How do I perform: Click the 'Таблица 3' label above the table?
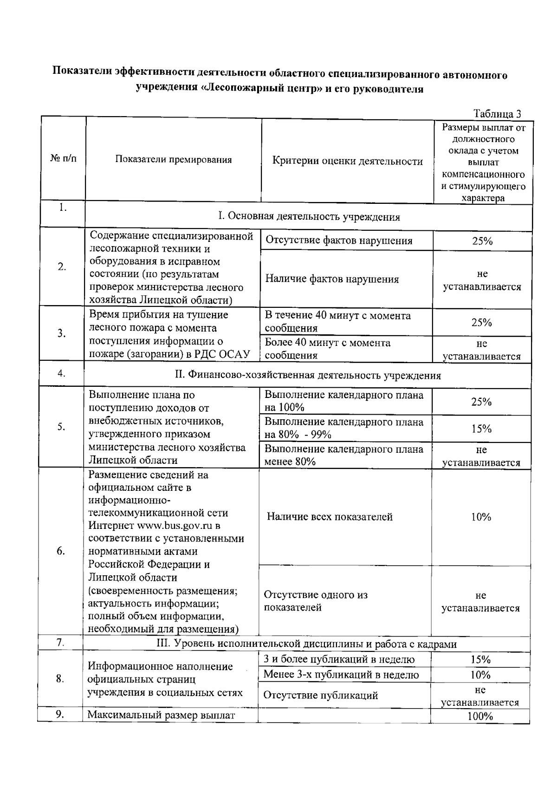pyautogui.click(x=497, y=114)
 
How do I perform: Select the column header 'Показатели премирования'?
pyautogui.click(x=173, y=160)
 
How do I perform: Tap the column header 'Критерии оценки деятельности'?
pyautogui.click(x=347, y=162)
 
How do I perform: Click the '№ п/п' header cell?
pyautogui.click(x=63, y=159)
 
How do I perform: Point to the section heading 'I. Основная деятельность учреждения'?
pyautogui.click(x=309, y=216)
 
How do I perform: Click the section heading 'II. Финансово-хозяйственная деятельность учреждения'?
pyautogui.click(x=308, y=375)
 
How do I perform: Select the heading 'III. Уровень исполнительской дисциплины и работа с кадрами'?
pyautogui.click(x=306, y=644)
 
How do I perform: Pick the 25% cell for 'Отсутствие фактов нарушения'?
pyautogui.click(x=482, y=241)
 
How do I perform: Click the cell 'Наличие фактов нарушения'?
pyautogui.click(x=332, y=279)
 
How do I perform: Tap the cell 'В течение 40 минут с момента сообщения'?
pyautogui.click(x=337, y=322)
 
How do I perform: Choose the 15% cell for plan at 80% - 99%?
pyautogui.click(x=481, y=429)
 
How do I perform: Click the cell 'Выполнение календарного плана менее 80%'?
pyautogui.click(x=343, y=455)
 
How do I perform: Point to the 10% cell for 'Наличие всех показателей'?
pyautogui.click(x=481, y=517)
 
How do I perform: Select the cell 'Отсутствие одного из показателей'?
pyautogui.click(x=316, y=601)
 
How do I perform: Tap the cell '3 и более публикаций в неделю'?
pyautogui.click(x=339, y=659)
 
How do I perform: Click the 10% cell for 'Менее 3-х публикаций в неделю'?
pyautogui.click(x=480, y=675)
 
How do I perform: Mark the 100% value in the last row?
pyautogui.click(x=480, y=716)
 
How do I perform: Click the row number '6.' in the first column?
pyautogui.click(x=61, y=551)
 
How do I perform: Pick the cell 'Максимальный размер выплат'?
pyautogui.click(x=162, y=715)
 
